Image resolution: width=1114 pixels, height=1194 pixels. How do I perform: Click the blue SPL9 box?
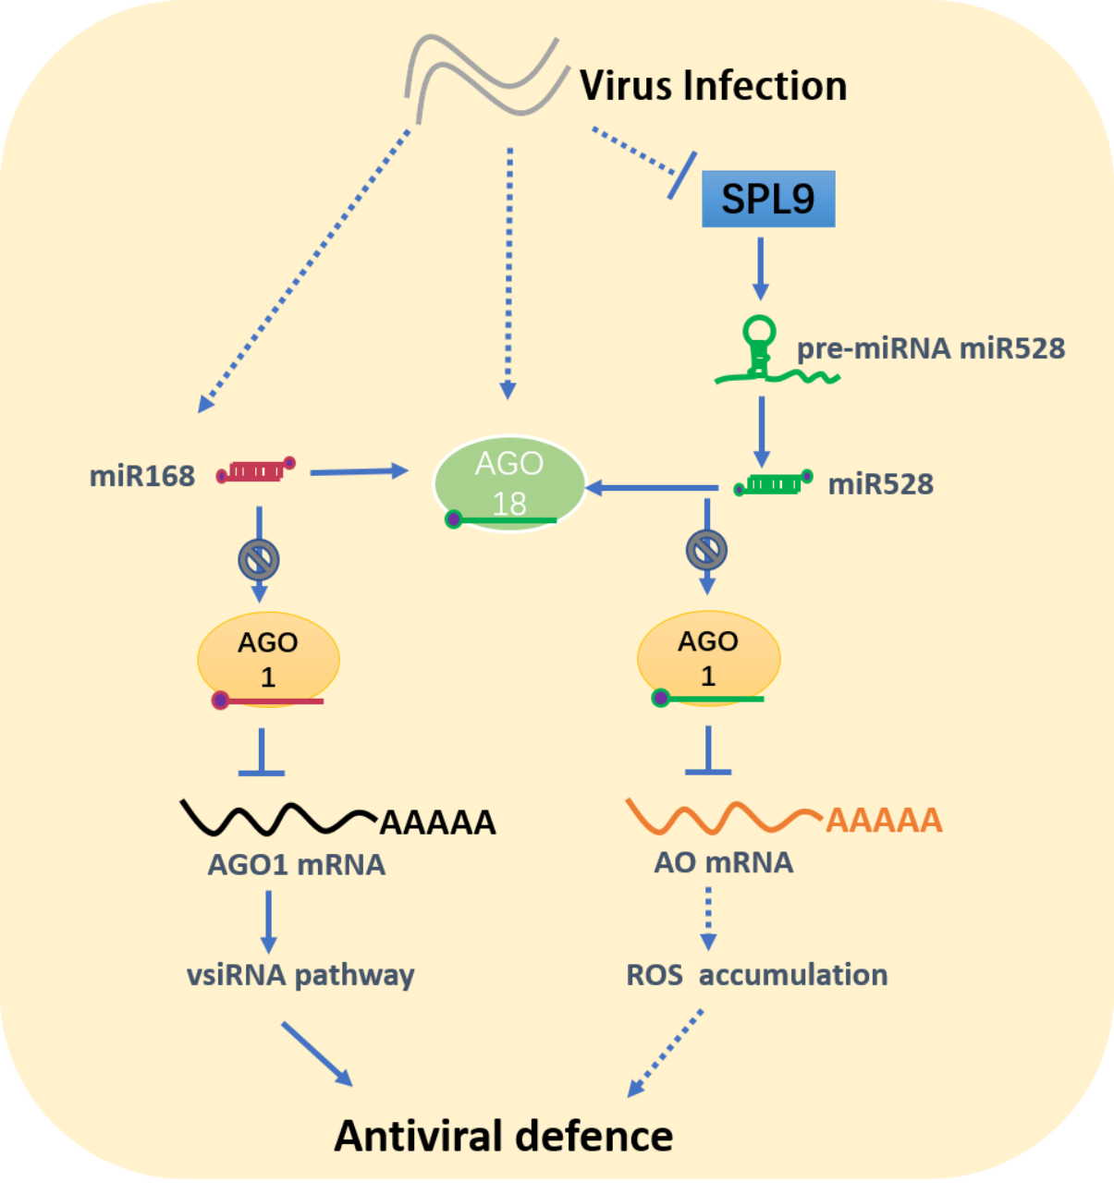(768, 199)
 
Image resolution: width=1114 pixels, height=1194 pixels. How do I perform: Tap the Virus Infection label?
(713, 86)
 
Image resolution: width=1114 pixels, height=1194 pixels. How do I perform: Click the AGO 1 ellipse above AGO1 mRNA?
(268, 658)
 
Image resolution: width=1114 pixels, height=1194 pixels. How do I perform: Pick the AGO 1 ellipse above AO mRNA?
(708, 657)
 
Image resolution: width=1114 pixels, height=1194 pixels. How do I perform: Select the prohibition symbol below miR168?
(259, 559)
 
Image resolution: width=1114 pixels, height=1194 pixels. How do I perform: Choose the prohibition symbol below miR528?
(707, 551)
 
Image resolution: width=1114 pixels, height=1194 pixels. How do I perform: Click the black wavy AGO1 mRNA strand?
(277, 817)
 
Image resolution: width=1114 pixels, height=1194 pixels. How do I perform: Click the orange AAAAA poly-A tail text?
(884, 820)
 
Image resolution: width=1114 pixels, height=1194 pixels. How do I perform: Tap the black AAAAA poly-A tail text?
(438, 822)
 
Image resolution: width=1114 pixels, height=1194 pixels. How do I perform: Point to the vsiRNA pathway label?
(300, 975)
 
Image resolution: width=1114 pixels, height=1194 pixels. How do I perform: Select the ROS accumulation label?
(757, 975)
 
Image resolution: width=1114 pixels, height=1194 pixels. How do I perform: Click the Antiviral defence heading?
(504, 1136)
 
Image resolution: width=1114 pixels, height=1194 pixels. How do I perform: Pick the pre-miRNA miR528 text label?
(931, 348)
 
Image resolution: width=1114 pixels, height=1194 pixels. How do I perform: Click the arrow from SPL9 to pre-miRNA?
(760, 268)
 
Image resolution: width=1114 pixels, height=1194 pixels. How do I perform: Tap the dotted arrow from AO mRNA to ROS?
(708, 919)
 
